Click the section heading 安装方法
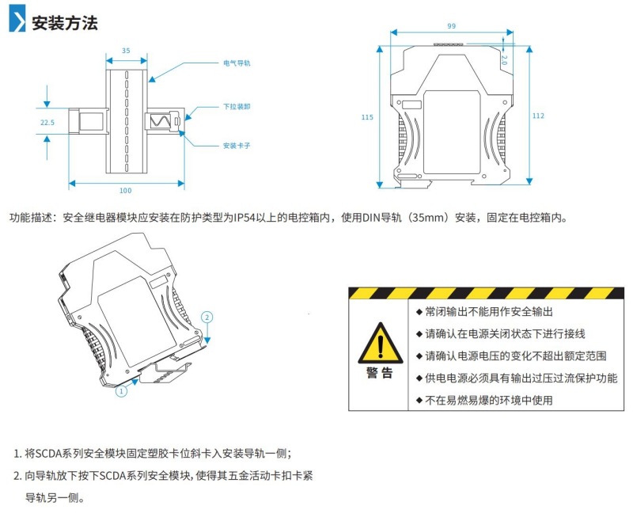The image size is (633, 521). click(64, 22)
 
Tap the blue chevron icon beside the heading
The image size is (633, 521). click(17, 21)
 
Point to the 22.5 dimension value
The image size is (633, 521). click(47, 123)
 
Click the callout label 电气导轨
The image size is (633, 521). click(237, 62)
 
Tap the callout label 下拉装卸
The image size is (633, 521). click(237, 105)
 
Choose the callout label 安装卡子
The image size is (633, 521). click(237, 146)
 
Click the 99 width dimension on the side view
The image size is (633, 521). click(451, 26)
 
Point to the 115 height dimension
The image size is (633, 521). click(367, 117)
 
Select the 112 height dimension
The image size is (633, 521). click(538, 116)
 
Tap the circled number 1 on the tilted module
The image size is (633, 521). click(122, 390)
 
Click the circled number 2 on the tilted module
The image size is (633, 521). click(207, 317)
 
